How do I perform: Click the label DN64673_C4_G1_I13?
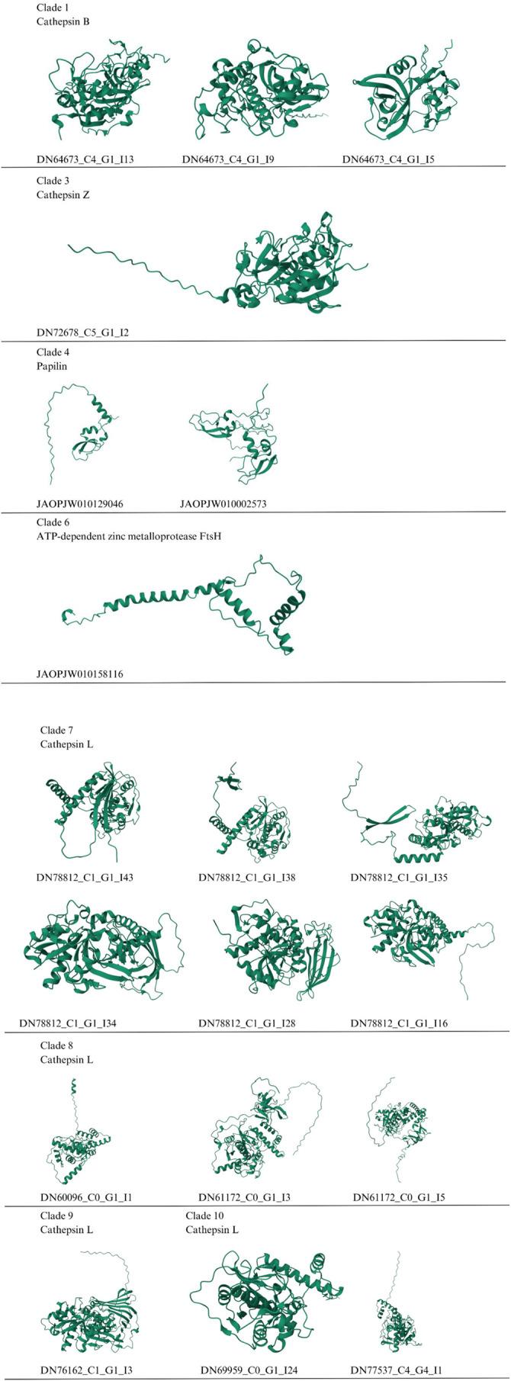[85, 160]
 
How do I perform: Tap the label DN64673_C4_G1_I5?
[388, 160]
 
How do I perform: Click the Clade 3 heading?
[53, 181]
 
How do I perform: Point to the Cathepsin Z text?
[63, 194]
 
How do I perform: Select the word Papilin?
[53, 366]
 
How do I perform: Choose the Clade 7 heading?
[56, 730]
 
